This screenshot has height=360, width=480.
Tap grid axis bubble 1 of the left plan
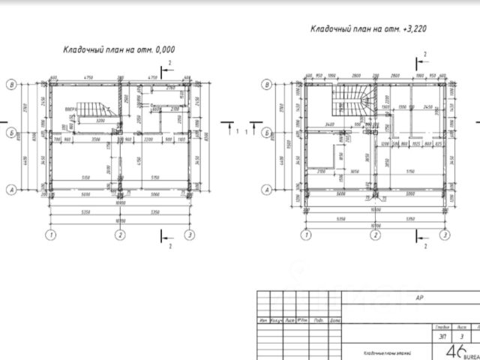coord(51,235)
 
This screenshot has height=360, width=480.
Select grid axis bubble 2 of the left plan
coord(120,235)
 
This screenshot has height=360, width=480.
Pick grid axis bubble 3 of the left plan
coord(189,235)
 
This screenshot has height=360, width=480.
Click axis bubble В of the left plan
coord(11,85)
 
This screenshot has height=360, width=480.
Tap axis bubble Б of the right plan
coord(267,132)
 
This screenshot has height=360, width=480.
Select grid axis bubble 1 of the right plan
coord(305,235)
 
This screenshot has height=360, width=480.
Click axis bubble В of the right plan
coord(267,85)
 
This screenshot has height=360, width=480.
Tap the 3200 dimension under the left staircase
coord(97,120)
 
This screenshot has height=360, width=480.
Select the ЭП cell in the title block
coord(441,337)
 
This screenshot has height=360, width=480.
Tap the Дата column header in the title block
coord(334,320)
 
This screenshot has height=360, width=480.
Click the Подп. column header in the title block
coord(319,320)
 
